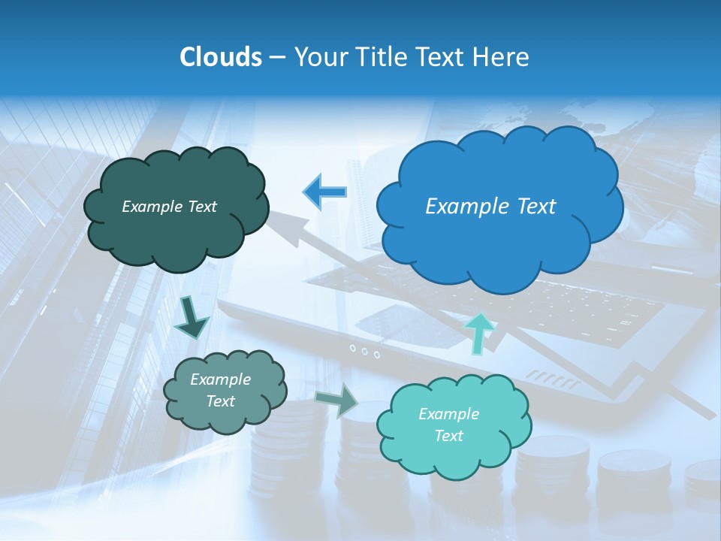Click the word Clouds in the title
click(221, 57)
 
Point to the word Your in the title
click(321, 57)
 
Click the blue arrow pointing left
click(324, 192)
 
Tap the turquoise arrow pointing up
click(480, 331)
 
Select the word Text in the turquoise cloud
click(449, 436)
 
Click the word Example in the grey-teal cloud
click(220, 379)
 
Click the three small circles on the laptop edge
click(364, 350)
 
